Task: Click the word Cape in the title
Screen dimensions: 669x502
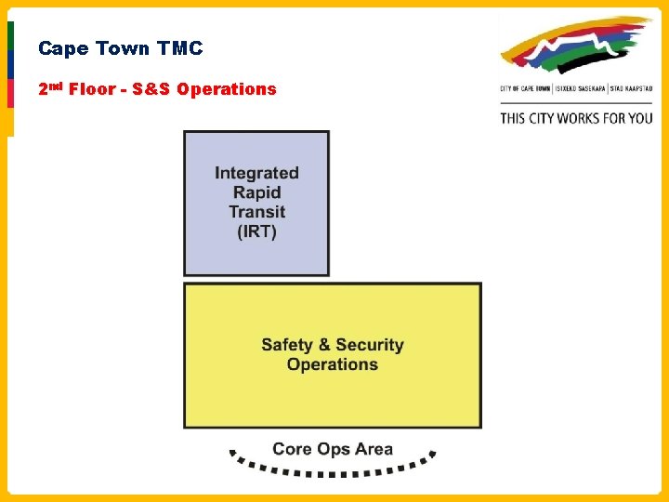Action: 60,48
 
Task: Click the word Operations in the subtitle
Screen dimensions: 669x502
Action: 227,89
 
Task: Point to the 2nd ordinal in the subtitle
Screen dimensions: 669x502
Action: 48,88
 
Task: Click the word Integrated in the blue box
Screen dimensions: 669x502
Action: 256,173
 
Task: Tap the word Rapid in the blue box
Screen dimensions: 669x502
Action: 256,192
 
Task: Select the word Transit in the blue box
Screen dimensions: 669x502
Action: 256,212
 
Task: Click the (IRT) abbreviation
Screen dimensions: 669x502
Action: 256,231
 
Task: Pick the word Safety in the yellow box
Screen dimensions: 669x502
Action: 287,345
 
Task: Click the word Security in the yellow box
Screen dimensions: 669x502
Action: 370,345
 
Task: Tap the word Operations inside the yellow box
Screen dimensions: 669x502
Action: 333,364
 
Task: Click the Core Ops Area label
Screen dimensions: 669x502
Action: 333,449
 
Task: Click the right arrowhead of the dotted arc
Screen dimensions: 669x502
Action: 432,456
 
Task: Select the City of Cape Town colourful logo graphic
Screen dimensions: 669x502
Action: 576,46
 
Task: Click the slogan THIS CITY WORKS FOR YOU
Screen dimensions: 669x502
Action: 576,118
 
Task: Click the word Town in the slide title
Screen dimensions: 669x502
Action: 120,48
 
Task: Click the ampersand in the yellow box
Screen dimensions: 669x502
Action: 324,345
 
